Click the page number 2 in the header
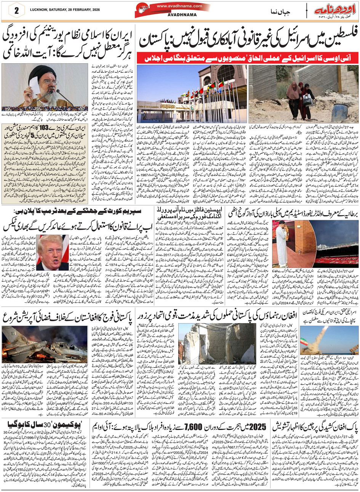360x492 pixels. click(x=16, y=11)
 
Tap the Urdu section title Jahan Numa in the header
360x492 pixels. click(x=283, y=10)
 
